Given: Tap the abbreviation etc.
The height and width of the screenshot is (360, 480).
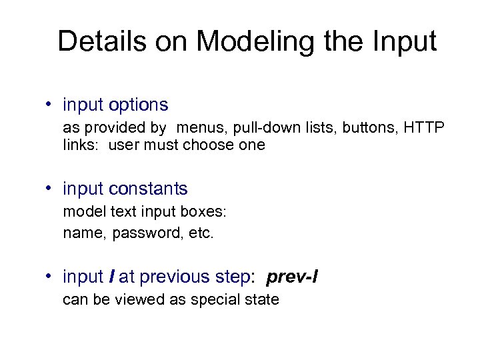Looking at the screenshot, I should point(201,233).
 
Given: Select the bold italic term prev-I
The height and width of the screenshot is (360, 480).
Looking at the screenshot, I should point(292,276).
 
